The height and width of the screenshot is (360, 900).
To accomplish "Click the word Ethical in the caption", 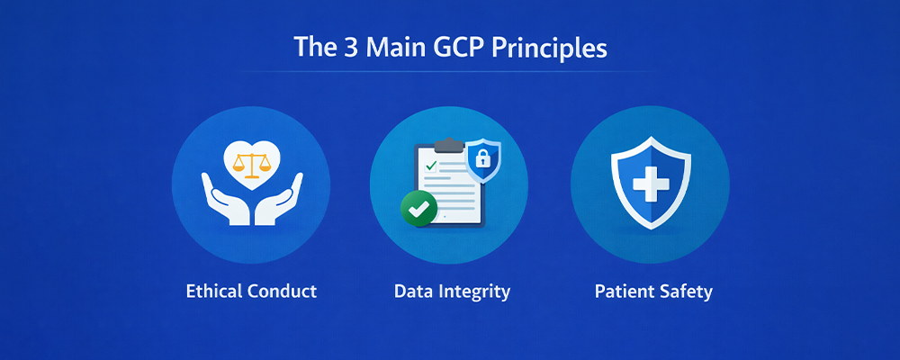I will [216, 292].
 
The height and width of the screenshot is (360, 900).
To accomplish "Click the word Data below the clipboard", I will [413, 292].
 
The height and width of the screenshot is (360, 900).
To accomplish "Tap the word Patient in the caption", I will [624, 292].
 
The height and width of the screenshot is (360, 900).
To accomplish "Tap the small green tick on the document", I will [431, 166].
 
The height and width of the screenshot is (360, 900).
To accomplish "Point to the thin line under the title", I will [450, 71].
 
